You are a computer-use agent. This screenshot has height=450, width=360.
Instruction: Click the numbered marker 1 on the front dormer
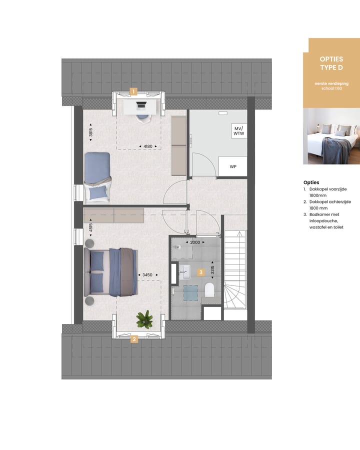[x=133, y=91]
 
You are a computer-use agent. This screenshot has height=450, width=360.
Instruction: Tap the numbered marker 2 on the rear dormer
[x=134, y=339]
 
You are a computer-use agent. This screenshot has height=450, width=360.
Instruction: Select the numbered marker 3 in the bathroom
[x=200, y=272]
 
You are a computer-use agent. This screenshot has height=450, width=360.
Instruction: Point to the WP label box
[x=233, y=166]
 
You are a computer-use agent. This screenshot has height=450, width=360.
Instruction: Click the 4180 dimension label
[x=147, y=146]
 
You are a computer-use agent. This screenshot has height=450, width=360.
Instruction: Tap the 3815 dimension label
[x=91, y=133]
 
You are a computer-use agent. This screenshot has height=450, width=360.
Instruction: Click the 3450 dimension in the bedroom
[x=147, y=275]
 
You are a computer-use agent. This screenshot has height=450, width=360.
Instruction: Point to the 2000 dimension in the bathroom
[x=194, y=242]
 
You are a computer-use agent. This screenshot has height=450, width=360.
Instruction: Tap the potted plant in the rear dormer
[x=144, y=319]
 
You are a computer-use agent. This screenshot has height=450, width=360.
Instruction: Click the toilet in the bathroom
[x=209, y=289]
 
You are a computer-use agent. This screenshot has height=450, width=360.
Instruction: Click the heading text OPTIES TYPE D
[x=331, y=63]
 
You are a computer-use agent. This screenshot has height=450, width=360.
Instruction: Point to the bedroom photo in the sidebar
[x=331, y=136]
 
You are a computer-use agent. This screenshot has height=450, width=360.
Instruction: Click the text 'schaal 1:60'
[x=331, y=88]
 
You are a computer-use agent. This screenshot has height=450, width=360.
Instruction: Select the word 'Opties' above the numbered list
[x=311, y=182]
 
